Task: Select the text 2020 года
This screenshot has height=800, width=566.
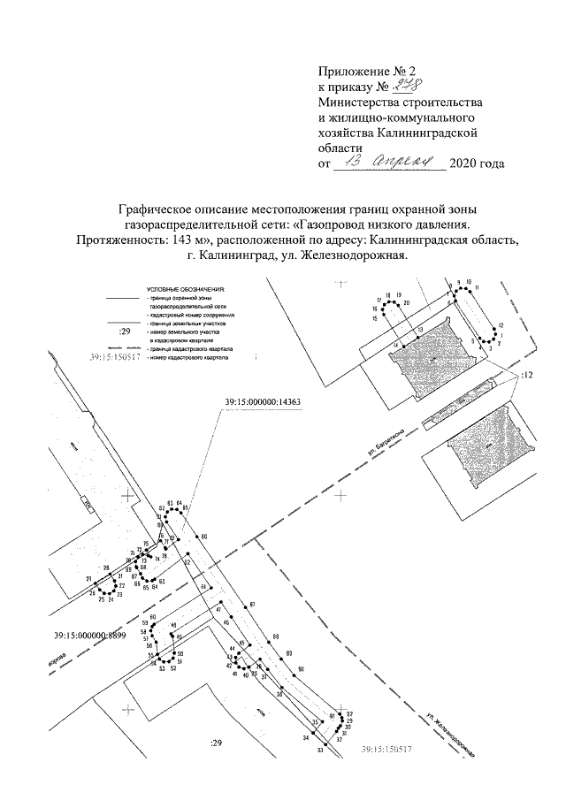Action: coord(478,164)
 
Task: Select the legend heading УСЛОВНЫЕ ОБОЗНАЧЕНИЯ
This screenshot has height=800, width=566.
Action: coord(187,289)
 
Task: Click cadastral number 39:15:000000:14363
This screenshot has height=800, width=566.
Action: coord(264,403)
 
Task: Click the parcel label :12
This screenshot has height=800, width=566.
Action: coord(528,376)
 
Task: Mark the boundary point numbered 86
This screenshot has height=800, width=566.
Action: coord(203,537)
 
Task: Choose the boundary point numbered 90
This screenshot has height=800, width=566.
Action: coord(301,669)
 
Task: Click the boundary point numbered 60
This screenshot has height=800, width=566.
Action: coord(153,617)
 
